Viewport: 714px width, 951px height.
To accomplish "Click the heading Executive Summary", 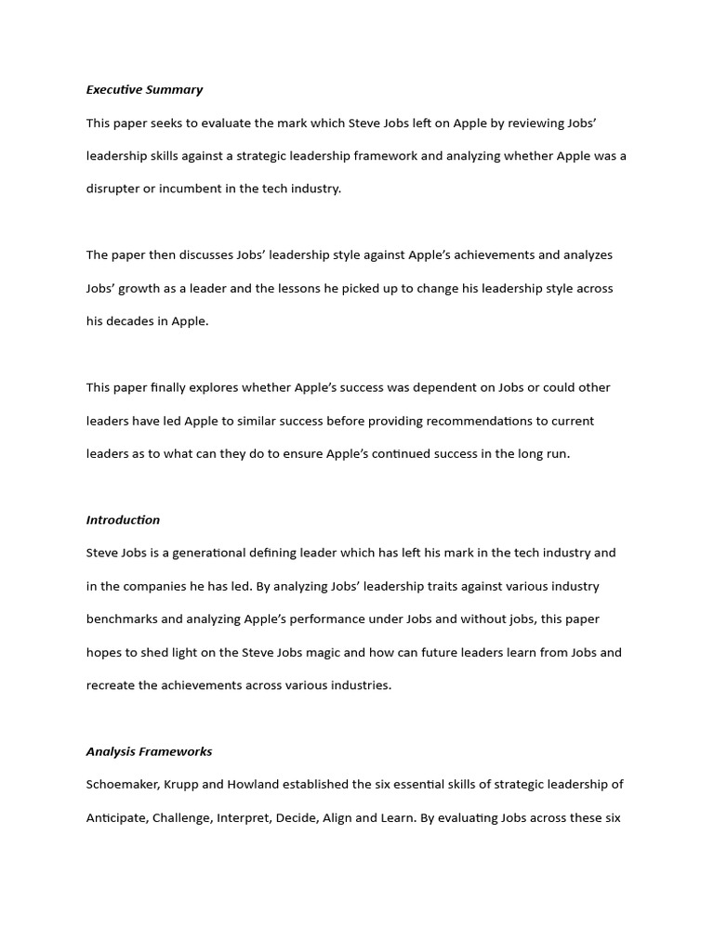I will [144, 90].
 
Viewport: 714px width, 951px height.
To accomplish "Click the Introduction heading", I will [123, 520].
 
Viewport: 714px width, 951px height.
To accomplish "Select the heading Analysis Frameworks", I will [149, 751].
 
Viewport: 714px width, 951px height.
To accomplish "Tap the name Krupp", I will [179, 784].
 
